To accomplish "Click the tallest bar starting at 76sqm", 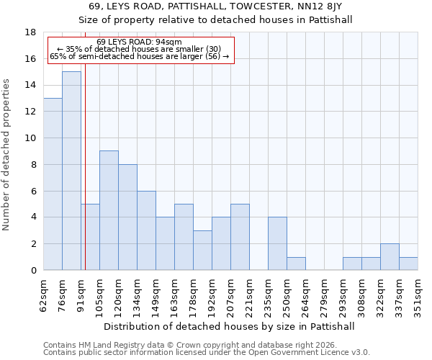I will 71,171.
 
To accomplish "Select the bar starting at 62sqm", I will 53,184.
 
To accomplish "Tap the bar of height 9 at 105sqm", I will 109,210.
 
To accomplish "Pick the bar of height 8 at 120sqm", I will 127,217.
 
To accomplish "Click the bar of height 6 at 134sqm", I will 146,230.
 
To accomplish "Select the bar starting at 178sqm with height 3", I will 202,251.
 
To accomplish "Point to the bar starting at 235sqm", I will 277,243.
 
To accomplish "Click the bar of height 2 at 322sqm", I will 390,257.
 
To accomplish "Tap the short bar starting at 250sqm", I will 296,264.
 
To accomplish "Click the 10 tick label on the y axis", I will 31,138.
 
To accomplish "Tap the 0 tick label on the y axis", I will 33,271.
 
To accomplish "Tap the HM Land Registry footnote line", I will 180,345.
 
